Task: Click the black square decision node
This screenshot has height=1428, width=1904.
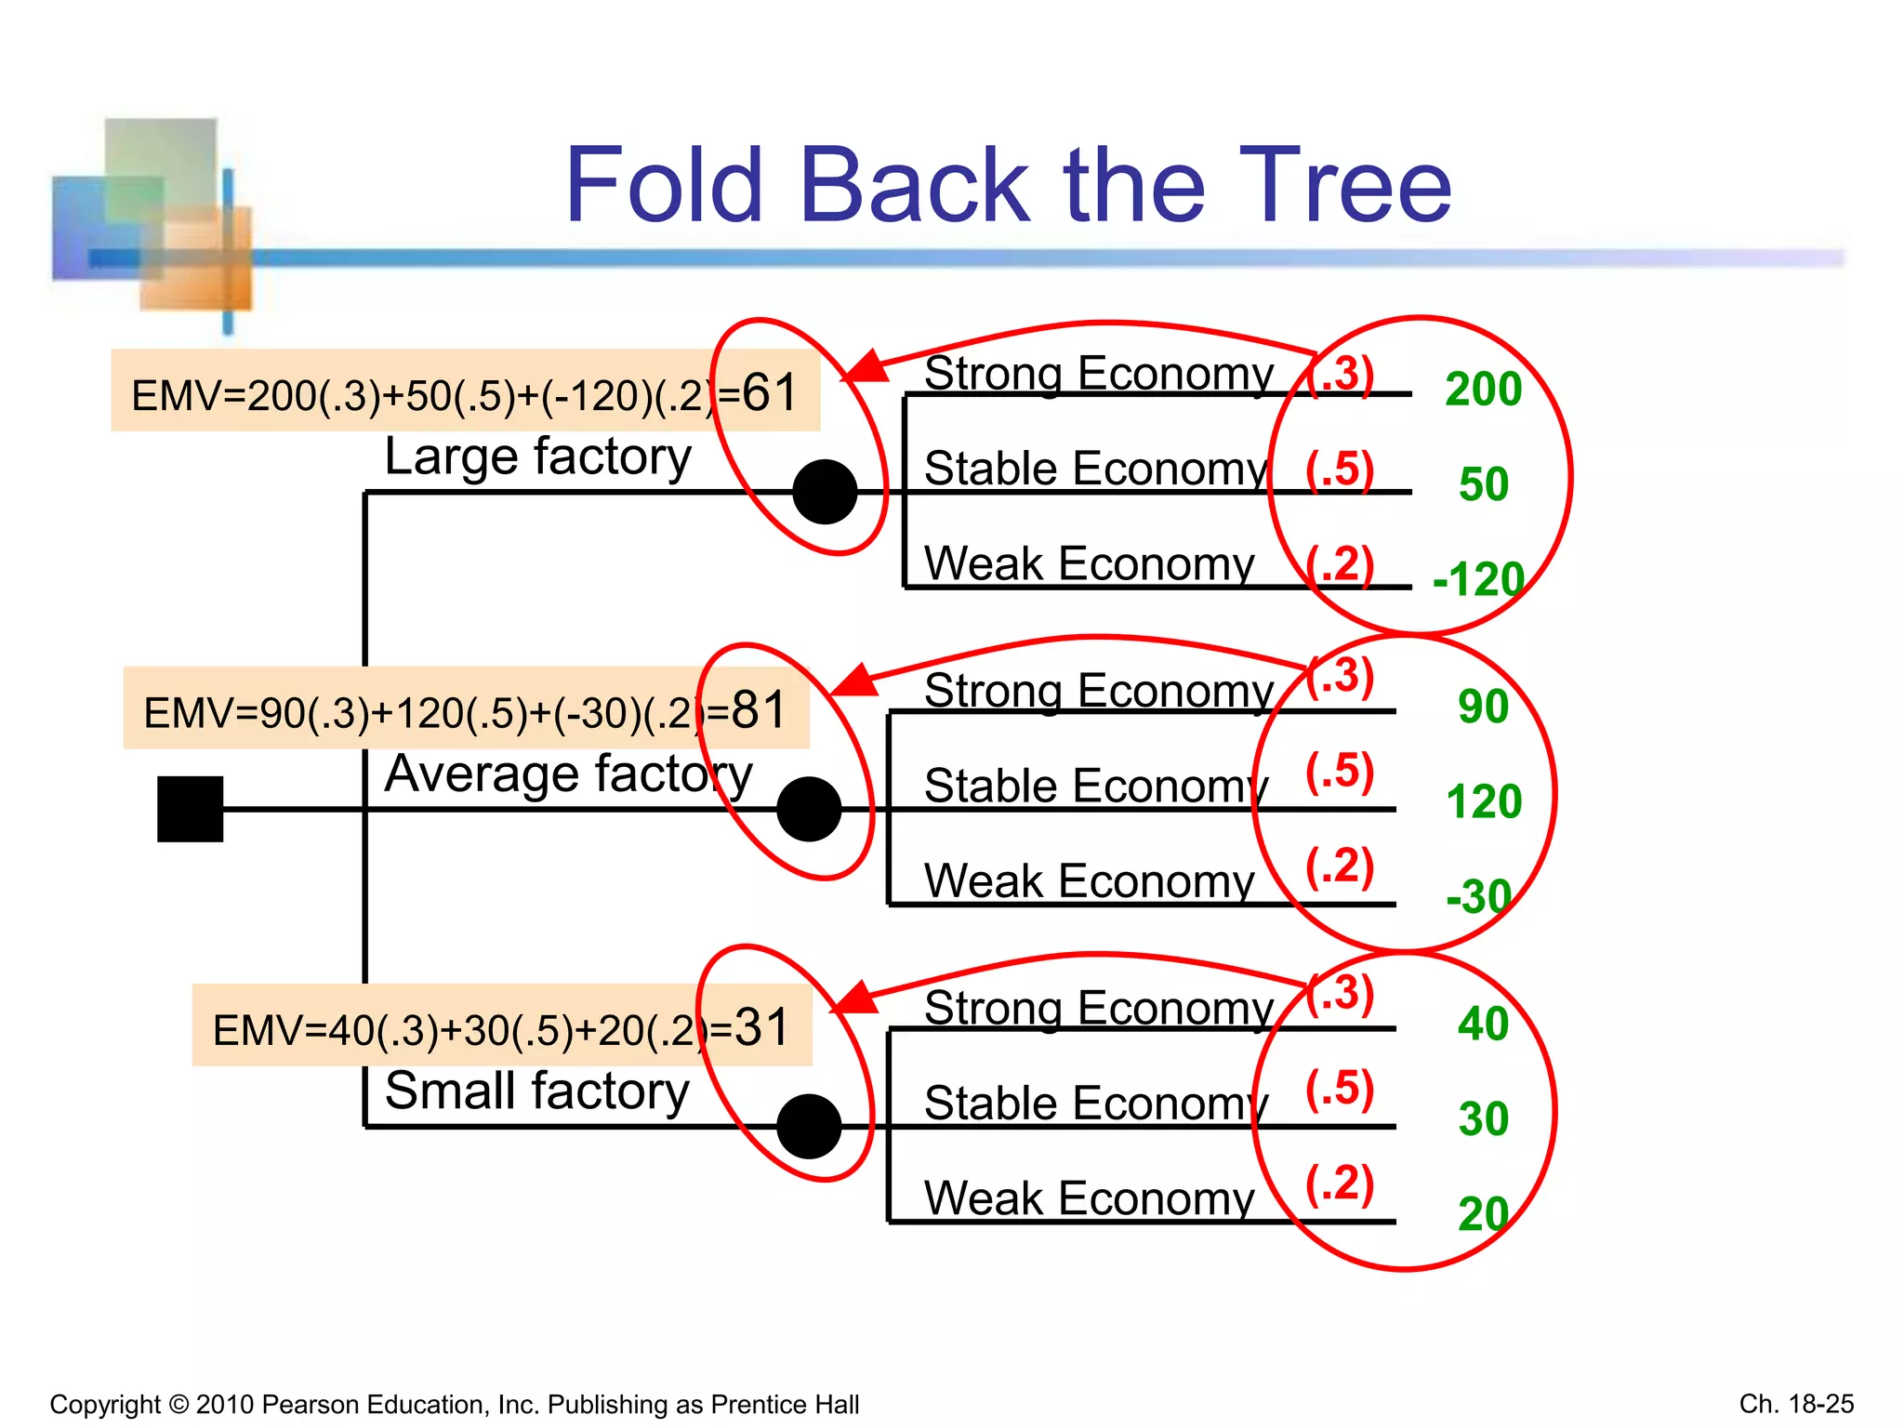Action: [190, 809]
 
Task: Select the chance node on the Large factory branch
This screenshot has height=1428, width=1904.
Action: [825, 492]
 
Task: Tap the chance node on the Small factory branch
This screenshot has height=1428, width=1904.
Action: [809, 1126]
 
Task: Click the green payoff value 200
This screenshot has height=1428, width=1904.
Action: [1483, 390]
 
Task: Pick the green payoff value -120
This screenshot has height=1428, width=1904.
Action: [1478, 580]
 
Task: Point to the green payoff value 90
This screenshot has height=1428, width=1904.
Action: [1483, 707]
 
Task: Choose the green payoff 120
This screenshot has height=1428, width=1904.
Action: [1484, 801]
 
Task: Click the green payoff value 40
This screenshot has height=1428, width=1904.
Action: [1483, 1025]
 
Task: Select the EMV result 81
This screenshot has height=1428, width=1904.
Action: [759, 710]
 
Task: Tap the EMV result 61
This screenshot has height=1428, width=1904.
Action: [770, 392]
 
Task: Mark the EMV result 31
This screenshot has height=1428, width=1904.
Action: [761, 1027]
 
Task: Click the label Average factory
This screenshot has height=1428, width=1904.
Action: [568, 774]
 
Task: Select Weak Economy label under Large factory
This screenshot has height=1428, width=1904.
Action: [1089, 564]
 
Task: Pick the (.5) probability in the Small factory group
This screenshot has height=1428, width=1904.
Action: [1339, 1089]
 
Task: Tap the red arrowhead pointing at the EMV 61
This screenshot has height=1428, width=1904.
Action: [866, 368]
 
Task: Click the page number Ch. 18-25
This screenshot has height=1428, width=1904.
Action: [1796, 1404]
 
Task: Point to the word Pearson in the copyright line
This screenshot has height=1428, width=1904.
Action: [311, 1404]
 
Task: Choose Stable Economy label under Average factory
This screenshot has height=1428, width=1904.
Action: [1095, 787]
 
